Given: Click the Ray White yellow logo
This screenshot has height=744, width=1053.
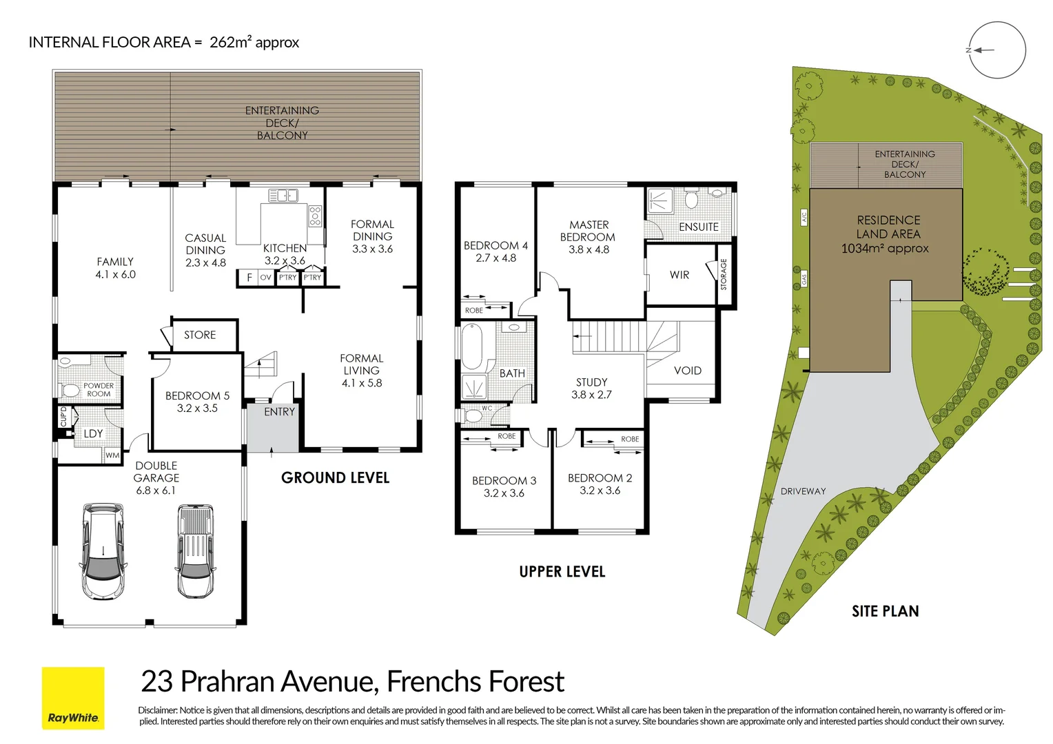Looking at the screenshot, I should [x=73, y=698].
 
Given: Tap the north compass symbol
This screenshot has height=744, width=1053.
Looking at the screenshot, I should [x=996, y=50].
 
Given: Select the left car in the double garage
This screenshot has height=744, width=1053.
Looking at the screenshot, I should [x=103, y=551].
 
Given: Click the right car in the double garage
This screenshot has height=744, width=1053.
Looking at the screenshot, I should [x=195, y=551].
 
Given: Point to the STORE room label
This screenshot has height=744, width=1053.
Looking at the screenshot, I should [x=200, y=335].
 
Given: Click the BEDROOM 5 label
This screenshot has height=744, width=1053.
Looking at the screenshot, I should [x=197, y=396].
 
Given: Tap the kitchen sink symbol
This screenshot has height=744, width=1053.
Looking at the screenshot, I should [x=283, y=196].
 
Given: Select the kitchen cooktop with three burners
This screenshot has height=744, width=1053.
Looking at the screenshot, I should [x=315, y=216].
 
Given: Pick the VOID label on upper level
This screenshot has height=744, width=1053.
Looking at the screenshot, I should [x=687, y=371].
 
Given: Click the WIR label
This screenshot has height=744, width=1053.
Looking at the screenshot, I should [x=679, y=275].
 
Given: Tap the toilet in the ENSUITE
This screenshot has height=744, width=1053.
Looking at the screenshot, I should [x=691, y=200].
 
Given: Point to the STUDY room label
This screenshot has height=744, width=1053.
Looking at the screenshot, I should [x=591, y=382].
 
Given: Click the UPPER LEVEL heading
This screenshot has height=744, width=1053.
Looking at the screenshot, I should [x=562, y=572].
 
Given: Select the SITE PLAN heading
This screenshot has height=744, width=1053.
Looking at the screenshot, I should [x=885, y=611].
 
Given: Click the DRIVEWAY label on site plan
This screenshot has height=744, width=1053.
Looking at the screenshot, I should [x=803, y=491].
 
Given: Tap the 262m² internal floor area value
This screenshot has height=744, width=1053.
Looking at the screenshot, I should [x=230, y=42].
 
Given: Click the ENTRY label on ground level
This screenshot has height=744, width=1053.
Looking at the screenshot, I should [x=279, y=412].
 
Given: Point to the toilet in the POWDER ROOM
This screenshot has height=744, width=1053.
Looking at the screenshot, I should [x=70, y=391].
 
